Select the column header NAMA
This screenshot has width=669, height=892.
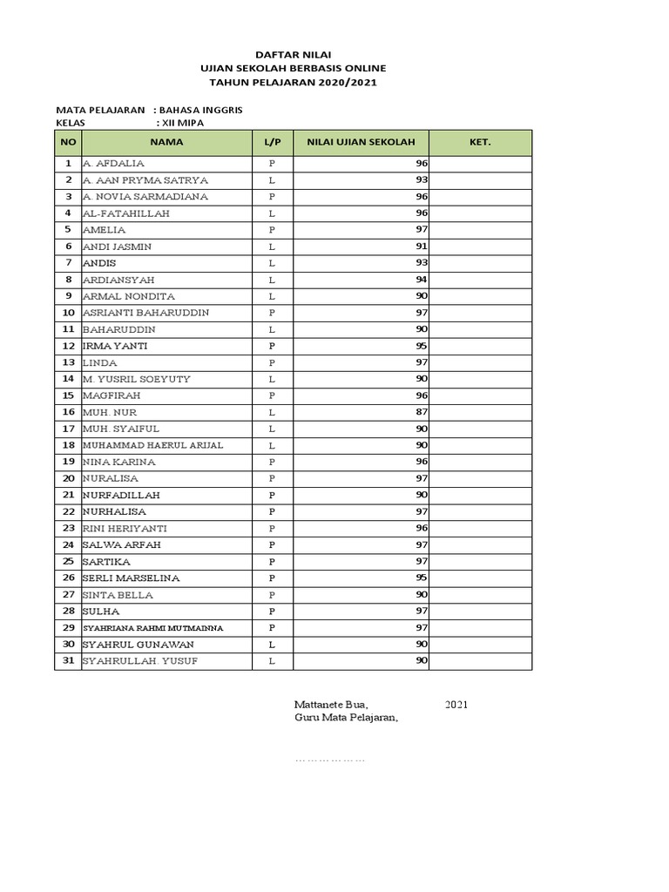166,142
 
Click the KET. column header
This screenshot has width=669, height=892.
480,142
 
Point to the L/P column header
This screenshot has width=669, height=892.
272,142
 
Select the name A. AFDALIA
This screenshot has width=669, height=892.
113,164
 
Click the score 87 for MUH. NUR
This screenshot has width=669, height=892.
421,412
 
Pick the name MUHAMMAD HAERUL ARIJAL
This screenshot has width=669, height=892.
152,445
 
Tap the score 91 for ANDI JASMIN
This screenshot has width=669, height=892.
421,247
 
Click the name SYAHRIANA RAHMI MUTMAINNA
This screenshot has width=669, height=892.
152,628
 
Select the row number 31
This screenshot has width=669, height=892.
68,661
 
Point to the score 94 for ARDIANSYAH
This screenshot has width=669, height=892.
421,280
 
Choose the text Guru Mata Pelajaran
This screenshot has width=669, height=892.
346,718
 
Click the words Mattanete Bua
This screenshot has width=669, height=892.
331,704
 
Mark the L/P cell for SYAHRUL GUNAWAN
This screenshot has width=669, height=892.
272,645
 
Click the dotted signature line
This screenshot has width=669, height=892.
330,760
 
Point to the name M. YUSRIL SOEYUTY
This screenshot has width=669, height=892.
136,379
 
